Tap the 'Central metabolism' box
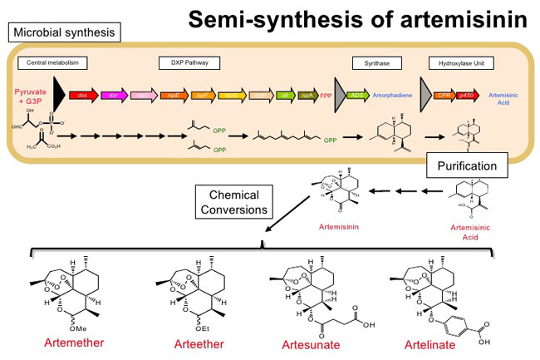coord(47,62)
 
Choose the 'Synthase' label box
coord(366,62)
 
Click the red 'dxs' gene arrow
coord(83,96)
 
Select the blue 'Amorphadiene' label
coord(395,96)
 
